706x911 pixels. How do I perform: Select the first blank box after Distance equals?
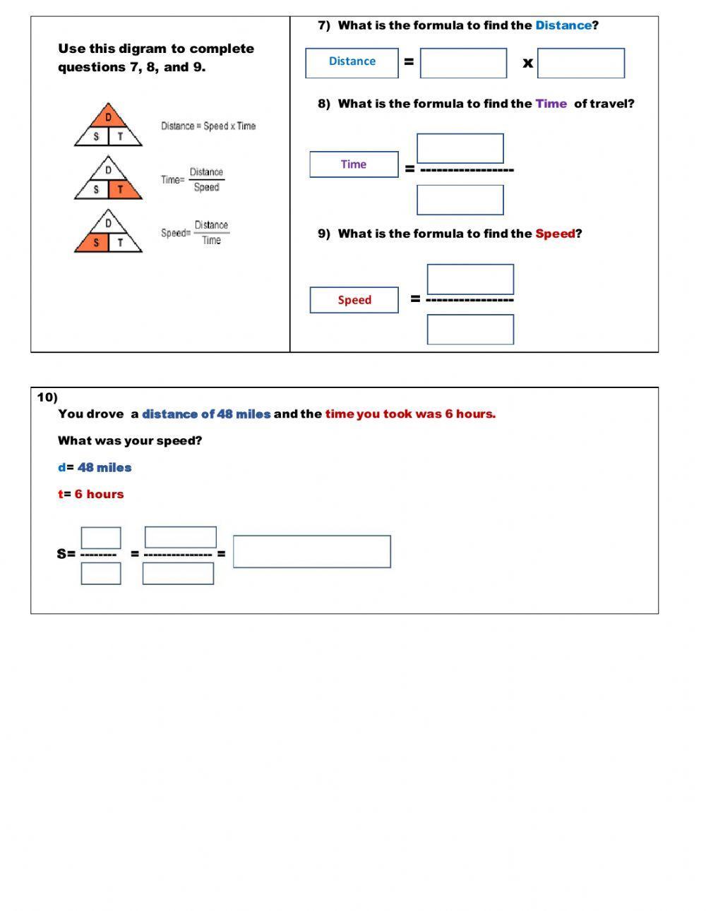coord(463,63)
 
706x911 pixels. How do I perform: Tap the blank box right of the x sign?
coord(580,63)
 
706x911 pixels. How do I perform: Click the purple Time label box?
coord(354,164)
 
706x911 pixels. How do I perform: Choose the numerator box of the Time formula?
coord(460,148)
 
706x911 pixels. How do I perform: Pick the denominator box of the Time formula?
coord(460,200)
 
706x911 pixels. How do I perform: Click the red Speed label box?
coord(354,300)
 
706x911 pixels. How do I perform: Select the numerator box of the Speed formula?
coord(470,279)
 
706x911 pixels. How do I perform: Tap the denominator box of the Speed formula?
coord(470,330)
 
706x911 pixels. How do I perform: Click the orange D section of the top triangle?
coord(108,116)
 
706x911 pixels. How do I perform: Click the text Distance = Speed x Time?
coord(208,126)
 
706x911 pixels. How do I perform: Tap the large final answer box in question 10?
coord(311,551)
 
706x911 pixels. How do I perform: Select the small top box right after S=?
coord(101,538)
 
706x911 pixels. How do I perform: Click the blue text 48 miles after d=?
coord(104,467)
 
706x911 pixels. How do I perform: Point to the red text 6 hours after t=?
coord(99,494)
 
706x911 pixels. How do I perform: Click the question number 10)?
coord(47,397)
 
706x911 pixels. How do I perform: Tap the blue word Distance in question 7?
coord(563,25)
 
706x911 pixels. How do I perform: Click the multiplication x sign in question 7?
coord(527,63)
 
